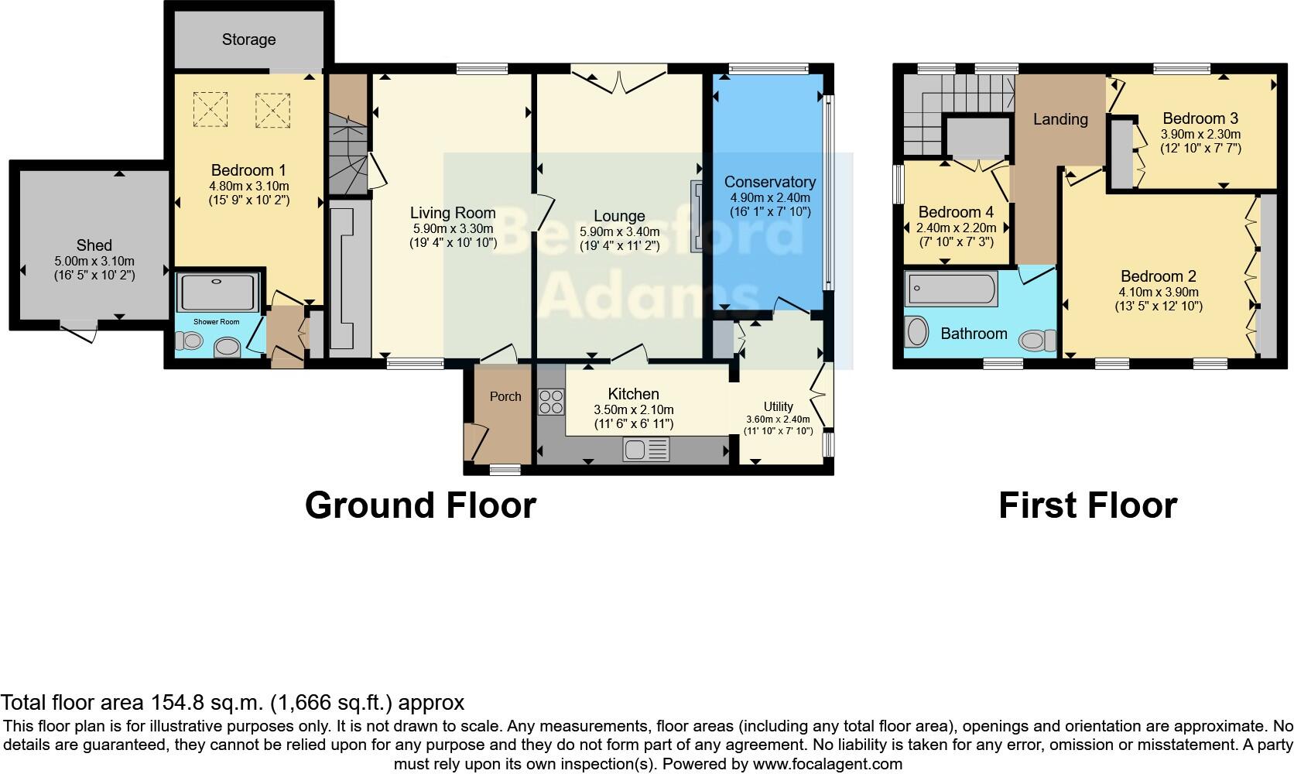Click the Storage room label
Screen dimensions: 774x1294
[248, 39]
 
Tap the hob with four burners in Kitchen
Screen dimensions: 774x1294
[551, 402]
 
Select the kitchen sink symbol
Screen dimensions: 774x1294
[646, 450]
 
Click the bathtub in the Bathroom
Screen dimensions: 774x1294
[950, 289]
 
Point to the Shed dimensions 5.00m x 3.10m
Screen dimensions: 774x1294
[94, 262]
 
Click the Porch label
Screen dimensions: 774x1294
[505, 396]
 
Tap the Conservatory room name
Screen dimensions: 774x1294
[769, 182]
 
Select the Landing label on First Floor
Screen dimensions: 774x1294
[1060, 119]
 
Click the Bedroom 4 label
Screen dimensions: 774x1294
[956, 212]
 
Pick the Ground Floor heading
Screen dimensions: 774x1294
[420, 505]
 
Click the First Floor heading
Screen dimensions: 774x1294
[1087, 505]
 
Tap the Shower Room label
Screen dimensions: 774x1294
[216, 321]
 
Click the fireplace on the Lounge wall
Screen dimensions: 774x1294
[697, 217]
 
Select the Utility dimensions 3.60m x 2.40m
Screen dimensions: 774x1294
[778, 420]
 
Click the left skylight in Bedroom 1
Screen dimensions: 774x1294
[211, 108]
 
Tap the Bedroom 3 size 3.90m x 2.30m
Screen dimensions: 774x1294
[1200, 134]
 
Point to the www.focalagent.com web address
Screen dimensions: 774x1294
[827, 764]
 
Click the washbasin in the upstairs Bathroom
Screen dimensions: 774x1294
[917, 333]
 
